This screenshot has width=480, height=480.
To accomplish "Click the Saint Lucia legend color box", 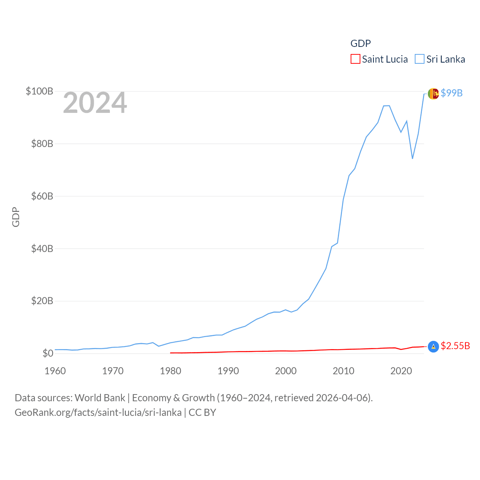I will click(x=355, y=59).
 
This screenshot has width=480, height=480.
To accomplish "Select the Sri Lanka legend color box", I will click(x=420, y=59).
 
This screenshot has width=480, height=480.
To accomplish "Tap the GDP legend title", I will click(x=360, y=43).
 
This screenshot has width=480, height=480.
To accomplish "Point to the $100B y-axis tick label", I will click(x=39, y=91).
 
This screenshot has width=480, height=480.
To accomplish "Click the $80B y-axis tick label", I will click(x=42, y=144).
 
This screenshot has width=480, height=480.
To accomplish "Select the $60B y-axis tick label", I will click(x=42, y=196).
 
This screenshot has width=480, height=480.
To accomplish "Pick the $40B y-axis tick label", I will click(x=42, y=249).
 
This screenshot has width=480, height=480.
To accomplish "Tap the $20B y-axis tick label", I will click(x=42, y=301).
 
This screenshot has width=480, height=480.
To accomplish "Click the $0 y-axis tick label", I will click(x=48, y=353).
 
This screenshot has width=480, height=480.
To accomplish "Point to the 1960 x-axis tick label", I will click(x=55, y=371).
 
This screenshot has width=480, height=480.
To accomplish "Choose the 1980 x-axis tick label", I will click(x=170, y=371).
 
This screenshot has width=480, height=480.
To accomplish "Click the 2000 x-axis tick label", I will click(x=286, y=371).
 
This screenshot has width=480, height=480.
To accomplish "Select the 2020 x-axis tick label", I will click(x=401, y=371).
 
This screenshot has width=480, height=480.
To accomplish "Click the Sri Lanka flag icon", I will click(x=433, y=93).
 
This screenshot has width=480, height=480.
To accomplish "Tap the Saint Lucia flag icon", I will click(x=433, y=346).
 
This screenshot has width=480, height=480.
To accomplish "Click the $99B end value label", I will click(x=451, y=93).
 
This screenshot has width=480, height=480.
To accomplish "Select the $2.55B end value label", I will click(x=455, y=346).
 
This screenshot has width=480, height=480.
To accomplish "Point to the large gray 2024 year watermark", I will click(x=95, y=103).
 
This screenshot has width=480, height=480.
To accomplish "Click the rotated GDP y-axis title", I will click(x=16, y=217).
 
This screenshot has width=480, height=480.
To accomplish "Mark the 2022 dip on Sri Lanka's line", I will click(x=412, y=158).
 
